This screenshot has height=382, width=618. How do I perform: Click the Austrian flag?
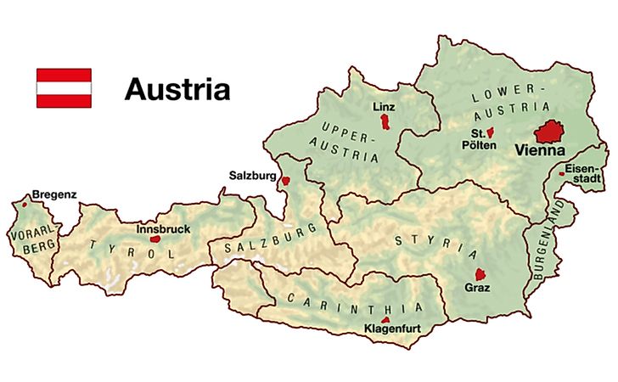[x=63, y=88]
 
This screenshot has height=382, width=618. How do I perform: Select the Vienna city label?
[x=541, y=151]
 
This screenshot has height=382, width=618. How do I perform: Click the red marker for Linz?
[x=385, y=123]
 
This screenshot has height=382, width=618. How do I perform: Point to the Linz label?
[x=385, y=107]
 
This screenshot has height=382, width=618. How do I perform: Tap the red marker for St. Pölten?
[x=491, y=132]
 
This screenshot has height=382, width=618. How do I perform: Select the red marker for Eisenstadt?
[x=562, y=171]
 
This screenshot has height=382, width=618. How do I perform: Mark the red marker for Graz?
[x=480, y=274]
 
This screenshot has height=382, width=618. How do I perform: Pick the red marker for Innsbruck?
[x=154, y=239]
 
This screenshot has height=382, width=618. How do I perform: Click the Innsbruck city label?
[x=163, y=229]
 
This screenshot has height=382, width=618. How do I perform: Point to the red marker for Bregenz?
[x=25, y=204]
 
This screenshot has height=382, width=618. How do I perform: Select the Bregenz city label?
[x=53, y=194]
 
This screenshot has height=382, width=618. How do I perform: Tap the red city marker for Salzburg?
[x=286, y=180]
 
